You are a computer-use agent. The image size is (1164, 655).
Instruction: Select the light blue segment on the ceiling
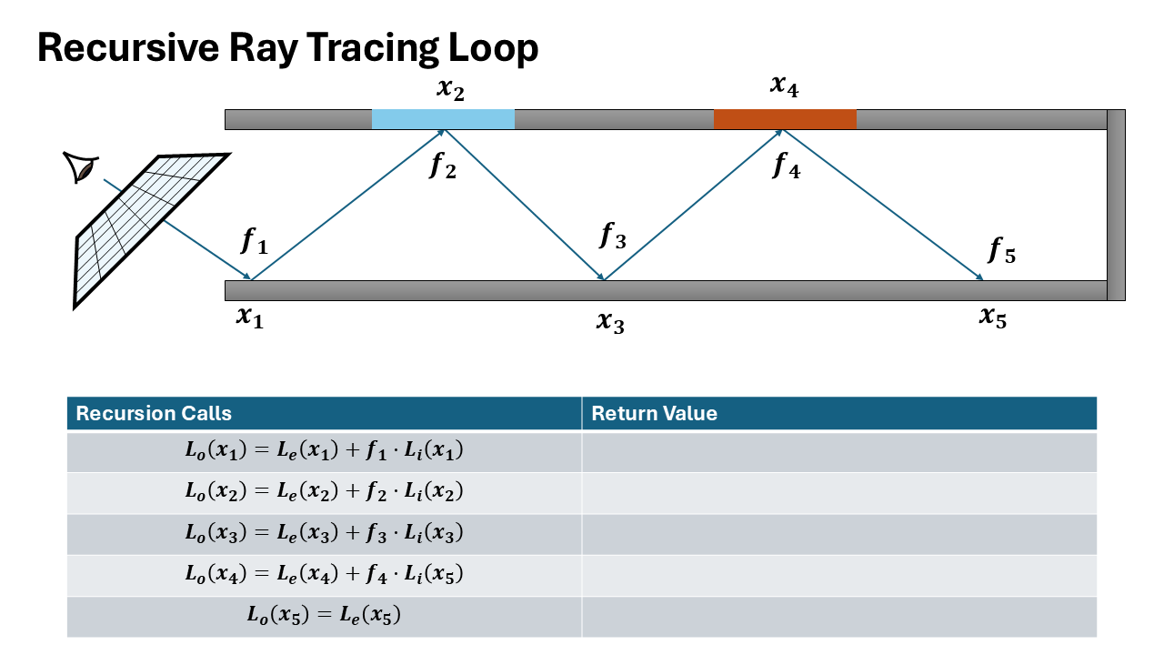[x=443, y=119]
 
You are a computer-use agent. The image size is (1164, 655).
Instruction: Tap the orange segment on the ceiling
[x=785, y=119]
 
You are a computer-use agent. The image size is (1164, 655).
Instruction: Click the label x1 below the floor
[x=249, y=317]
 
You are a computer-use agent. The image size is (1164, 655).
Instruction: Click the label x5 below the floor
[x=993, y=317]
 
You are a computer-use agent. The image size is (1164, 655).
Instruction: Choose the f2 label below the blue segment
[x=443, y=166]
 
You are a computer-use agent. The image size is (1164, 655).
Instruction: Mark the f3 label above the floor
[x=613, y=236]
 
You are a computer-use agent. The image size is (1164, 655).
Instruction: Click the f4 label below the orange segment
[x=786, y=166]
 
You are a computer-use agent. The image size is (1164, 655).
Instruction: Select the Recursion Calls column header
[x=154, y=414]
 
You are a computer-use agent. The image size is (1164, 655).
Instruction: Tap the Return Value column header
[x=654, y=414]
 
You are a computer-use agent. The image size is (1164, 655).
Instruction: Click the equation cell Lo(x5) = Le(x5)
[x=324, y=616]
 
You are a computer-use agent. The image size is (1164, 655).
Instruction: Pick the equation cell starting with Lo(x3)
[x=324, y=534]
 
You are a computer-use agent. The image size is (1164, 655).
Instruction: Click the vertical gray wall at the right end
[x=1116, y=205]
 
